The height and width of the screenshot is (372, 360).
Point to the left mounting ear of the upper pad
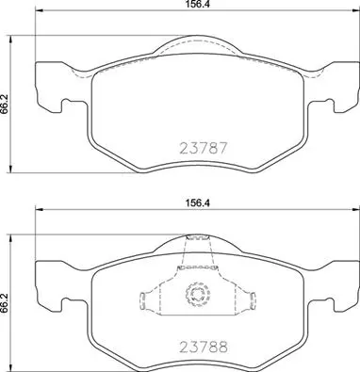[57, 80]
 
